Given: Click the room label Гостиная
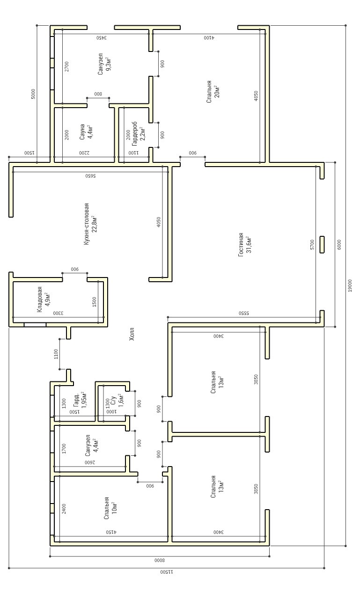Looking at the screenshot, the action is point(241,245).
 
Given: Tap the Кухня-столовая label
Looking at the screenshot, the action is point(86,224).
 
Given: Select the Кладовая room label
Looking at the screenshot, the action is point(40,299).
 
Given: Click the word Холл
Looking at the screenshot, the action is point(132,334).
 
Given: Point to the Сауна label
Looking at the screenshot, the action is point(82,132).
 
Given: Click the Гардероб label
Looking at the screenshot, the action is point(134,134).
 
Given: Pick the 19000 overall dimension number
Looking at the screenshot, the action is point(350,285).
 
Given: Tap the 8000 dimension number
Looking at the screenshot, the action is point(160,560).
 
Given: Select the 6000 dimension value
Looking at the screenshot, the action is point(339,245).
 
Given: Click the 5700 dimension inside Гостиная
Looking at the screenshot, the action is point(312,245).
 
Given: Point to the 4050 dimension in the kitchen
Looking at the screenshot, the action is point(159,222).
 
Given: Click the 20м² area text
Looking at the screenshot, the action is point(217,92).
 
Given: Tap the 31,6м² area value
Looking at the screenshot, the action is point(249,245).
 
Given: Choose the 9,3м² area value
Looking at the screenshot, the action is point(108,64).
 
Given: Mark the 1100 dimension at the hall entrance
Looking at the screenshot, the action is point(56,354).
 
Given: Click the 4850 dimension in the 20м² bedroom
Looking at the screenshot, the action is point(256,96).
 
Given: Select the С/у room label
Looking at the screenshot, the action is point(113,400).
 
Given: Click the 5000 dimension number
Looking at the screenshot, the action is point(33,94).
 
